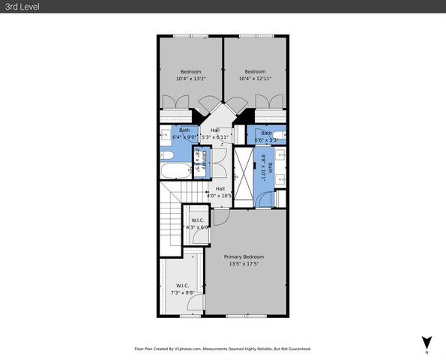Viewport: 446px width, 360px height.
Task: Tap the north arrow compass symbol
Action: (427, 343)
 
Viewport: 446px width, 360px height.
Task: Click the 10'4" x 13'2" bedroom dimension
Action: (190, 79)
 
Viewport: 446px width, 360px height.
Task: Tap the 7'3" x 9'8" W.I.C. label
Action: (184, 292)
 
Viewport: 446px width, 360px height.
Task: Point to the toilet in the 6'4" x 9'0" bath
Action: (168, 155)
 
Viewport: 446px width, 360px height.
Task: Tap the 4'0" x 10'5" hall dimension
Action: (220, 196)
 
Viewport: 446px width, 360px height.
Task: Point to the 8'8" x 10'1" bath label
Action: (262, 165)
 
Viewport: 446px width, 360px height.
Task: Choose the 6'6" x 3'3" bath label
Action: (267, 136)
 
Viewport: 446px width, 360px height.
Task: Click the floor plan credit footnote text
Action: (223, 349)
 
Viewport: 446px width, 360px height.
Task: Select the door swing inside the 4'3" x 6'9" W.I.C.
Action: (200, 235)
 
